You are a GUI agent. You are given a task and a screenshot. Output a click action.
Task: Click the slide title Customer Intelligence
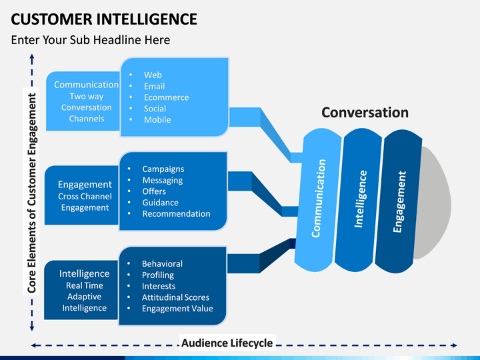pos(104,18)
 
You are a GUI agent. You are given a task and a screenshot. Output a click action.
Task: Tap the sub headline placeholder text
pos(91,40)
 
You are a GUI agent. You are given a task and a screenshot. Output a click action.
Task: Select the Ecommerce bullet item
pos(166,97)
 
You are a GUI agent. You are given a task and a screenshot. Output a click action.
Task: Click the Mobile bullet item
pos(157,120)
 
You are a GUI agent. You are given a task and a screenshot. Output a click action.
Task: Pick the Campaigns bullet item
pos(163,169)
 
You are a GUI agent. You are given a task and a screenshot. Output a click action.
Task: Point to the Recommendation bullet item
pos(176,214)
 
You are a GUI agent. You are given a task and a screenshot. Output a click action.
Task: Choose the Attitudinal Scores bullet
pos(175,297)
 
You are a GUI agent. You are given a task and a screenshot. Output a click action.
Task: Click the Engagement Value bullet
pos(177,309)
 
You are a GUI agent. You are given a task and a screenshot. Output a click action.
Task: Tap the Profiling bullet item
pos(158,275)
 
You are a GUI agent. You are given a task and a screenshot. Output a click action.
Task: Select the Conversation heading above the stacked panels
pos(365,113)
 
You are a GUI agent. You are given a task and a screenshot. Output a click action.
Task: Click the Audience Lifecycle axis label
pos(227,343)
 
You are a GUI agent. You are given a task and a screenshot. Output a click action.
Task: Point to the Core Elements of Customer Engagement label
pos(31,194)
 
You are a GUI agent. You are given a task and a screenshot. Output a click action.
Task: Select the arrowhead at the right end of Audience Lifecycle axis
pos(455,345)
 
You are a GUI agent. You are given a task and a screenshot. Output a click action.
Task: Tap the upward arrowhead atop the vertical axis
pos(31,58)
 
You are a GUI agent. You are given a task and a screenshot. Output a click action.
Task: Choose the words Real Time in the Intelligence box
pos(85,285)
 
